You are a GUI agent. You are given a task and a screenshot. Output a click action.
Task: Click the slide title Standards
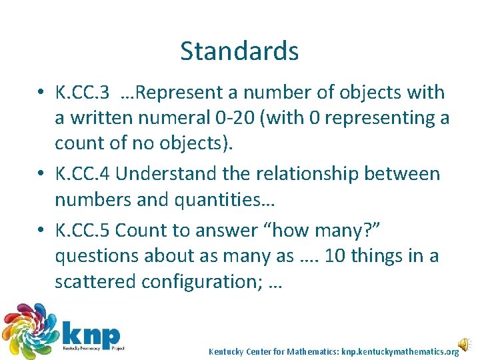click(x=239, y=51)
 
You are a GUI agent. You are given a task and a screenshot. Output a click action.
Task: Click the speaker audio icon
click(x=463, y=345)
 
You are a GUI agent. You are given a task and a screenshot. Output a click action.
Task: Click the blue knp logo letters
click(x=91, y=331)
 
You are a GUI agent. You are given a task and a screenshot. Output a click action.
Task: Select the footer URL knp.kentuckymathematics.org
click(x=400, y=351)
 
